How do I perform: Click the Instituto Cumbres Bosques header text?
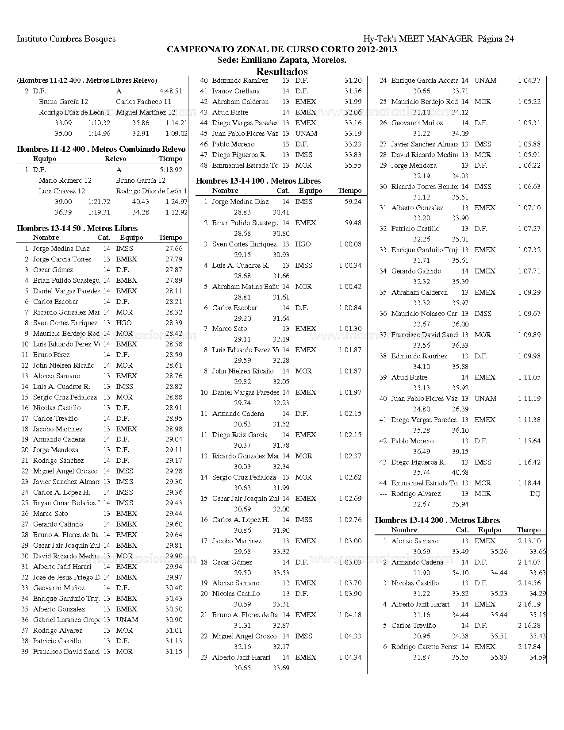(x=66, y=39)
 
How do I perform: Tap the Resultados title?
(x=282, y=71)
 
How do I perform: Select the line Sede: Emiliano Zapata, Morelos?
(x=282, y=60)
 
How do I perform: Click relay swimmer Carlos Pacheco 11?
(x=143, y=102)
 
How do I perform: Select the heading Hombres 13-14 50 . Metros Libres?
(x=77, y=228)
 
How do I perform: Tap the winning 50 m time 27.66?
(x=174, y=249)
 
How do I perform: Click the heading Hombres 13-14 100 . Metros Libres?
(x=258, y=181)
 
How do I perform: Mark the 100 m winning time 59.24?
(x=353, y=202)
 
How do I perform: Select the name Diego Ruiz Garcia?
(x=240, y=435)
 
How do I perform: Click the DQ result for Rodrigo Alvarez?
(x=535, y=494)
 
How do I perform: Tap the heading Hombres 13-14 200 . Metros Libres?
(x=437, y=520)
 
